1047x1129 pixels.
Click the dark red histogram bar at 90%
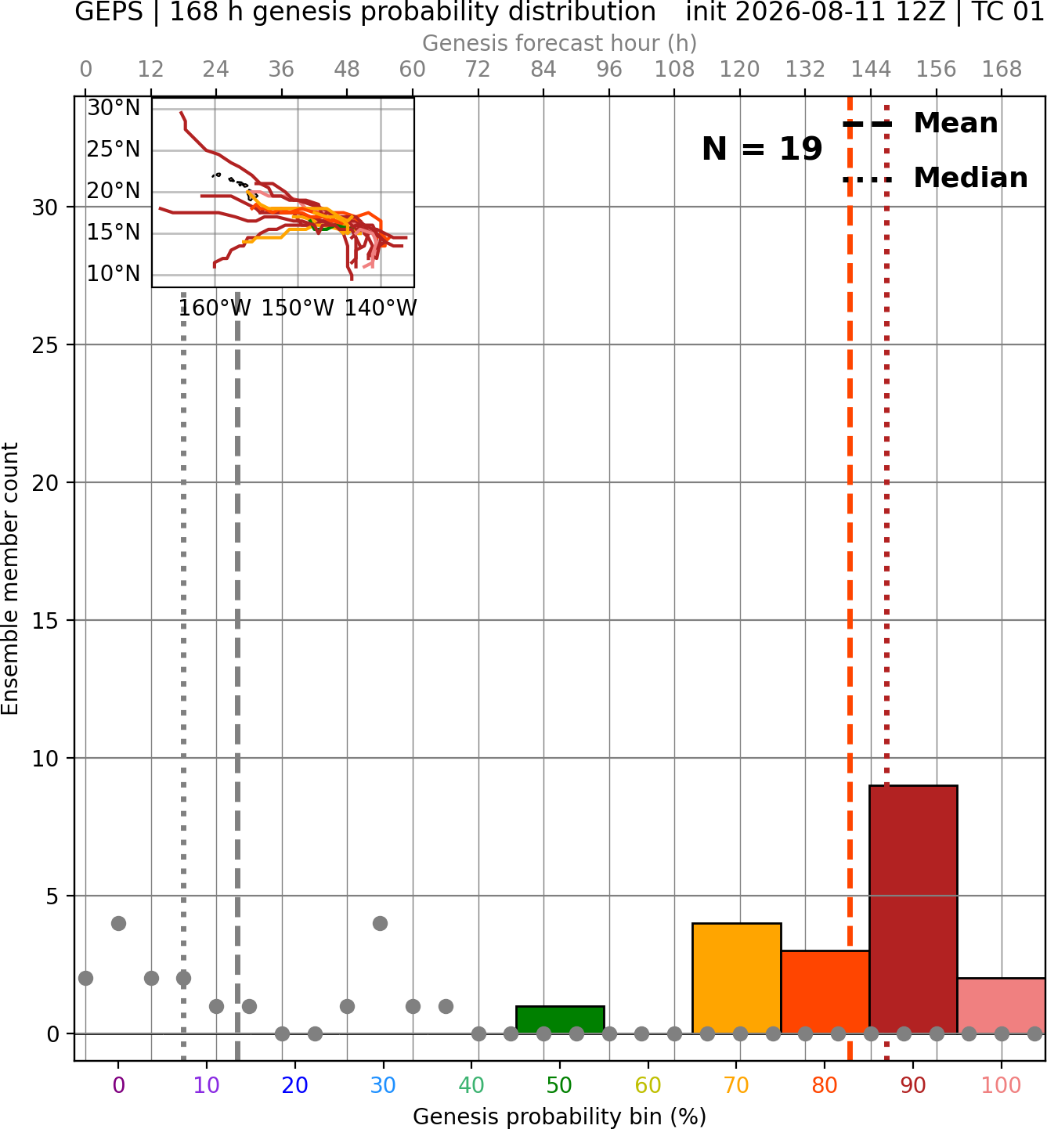tap(913, 909)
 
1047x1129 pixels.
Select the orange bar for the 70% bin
tap(736, 978)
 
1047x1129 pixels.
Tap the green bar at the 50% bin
tap(560, 1019)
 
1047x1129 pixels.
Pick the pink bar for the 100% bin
tap(1002, 1005)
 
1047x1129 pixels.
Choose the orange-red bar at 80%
tap(825, 992)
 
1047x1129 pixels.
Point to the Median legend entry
tap(935, 178)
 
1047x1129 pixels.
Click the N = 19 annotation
tap(762, 149)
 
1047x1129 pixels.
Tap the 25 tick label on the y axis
tap(45, 345)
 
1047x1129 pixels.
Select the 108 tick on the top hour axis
tap(674, 70)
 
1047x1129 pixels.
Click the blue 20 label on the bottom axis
tap(295, 1085)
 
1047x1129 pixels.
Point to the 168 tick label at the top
tap(1002, 70)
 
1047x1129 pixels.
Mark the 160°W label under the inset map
tap(215, 308)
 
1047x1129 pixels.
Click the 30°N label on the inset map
tap(114, 107)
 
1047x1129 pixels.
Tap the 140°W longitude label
tap(381, 308)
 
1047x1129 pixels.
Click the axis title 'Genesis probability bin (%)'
tap(560, 1116)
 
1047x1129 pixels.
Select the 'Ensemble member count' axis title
tap(10, 579)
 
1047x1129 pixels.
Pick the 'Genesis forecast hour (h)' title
tap(560, 43)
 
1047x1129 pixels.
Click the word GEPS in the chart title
tap(109, 12)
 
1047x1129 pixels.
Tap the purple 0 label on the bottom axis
tap(118, 1085)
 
